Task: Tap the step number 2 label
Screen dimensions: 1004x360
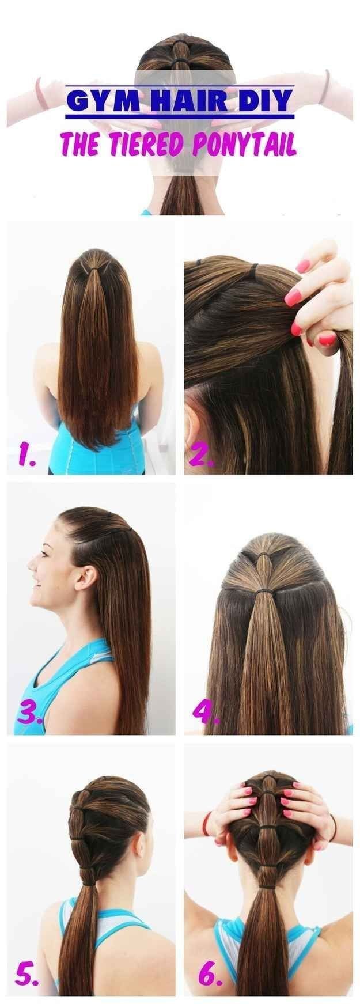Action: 203,455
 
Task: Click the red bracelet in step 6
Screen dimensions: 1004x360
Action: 205,824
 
